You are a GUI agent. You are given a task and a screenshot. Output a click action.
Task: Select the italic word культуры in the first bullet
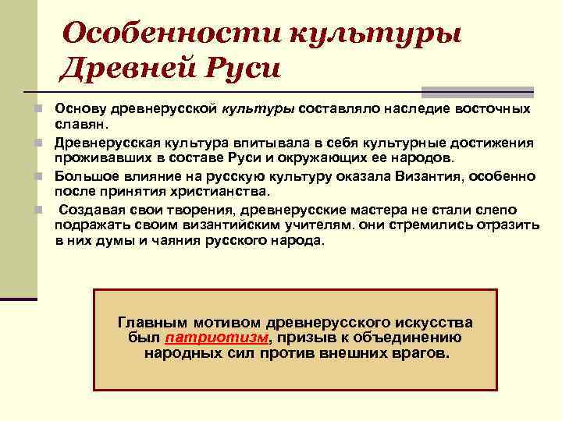pyautogui.click(x=261, y=108)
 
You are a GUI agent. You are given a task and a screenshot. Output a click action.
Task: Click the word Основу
pyautogui.click(x=79, y=108)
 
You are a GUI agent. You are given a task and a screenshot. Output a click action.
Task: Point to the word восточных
pyautogui.click(x=493, y=108)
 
